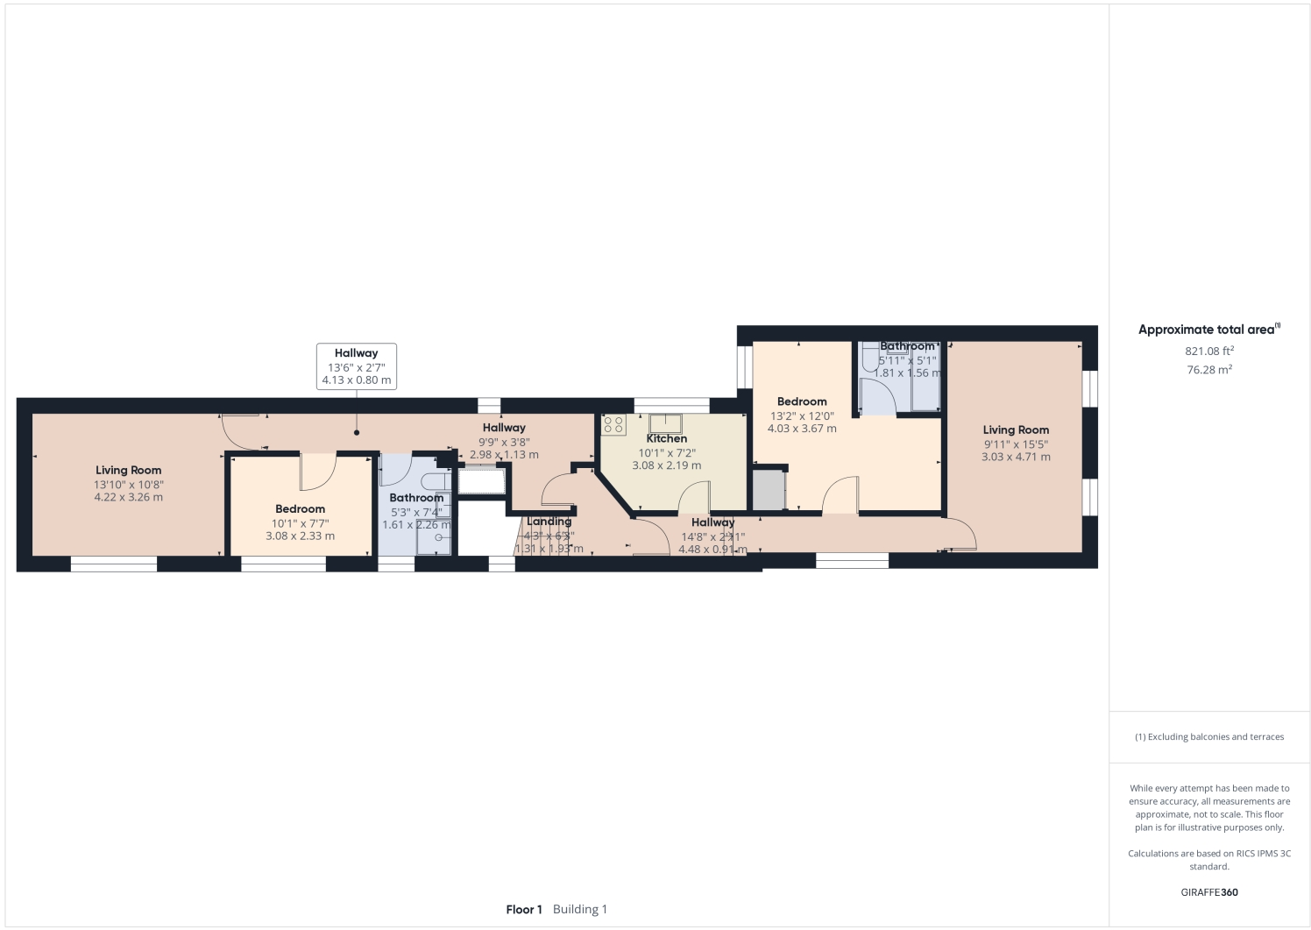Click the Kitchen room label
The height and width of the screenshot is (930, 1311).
666,438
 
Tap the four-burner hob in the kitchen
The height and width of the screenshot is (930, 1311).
613,425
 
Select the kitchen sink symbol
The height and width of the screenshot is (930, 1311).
665,424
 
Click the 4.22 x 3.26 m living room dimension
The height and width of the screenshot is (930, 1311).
128,497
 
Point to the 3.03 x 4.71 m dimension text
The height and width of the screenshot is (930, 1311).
1016,457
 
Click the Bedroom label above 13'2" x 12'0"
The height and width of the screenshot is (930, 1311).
801,401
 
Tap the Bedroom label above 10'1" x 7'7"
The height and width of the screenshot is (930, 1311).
300,508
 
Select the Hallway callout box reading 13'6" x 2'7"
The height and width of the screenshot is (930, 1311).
356,366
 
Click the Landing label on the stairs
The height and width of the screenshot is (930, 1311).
549,522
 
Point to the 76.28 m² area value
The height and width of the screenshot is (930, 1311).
1209,370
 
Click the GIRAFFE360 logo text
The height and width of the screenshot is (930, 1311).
1209,892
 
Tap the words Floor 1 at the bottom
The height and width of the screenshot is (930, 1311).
524,909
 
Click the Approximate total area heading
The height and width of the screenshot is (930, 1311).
1208,330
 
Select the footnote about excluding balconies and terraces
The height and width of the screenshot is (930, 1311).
1209,737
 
